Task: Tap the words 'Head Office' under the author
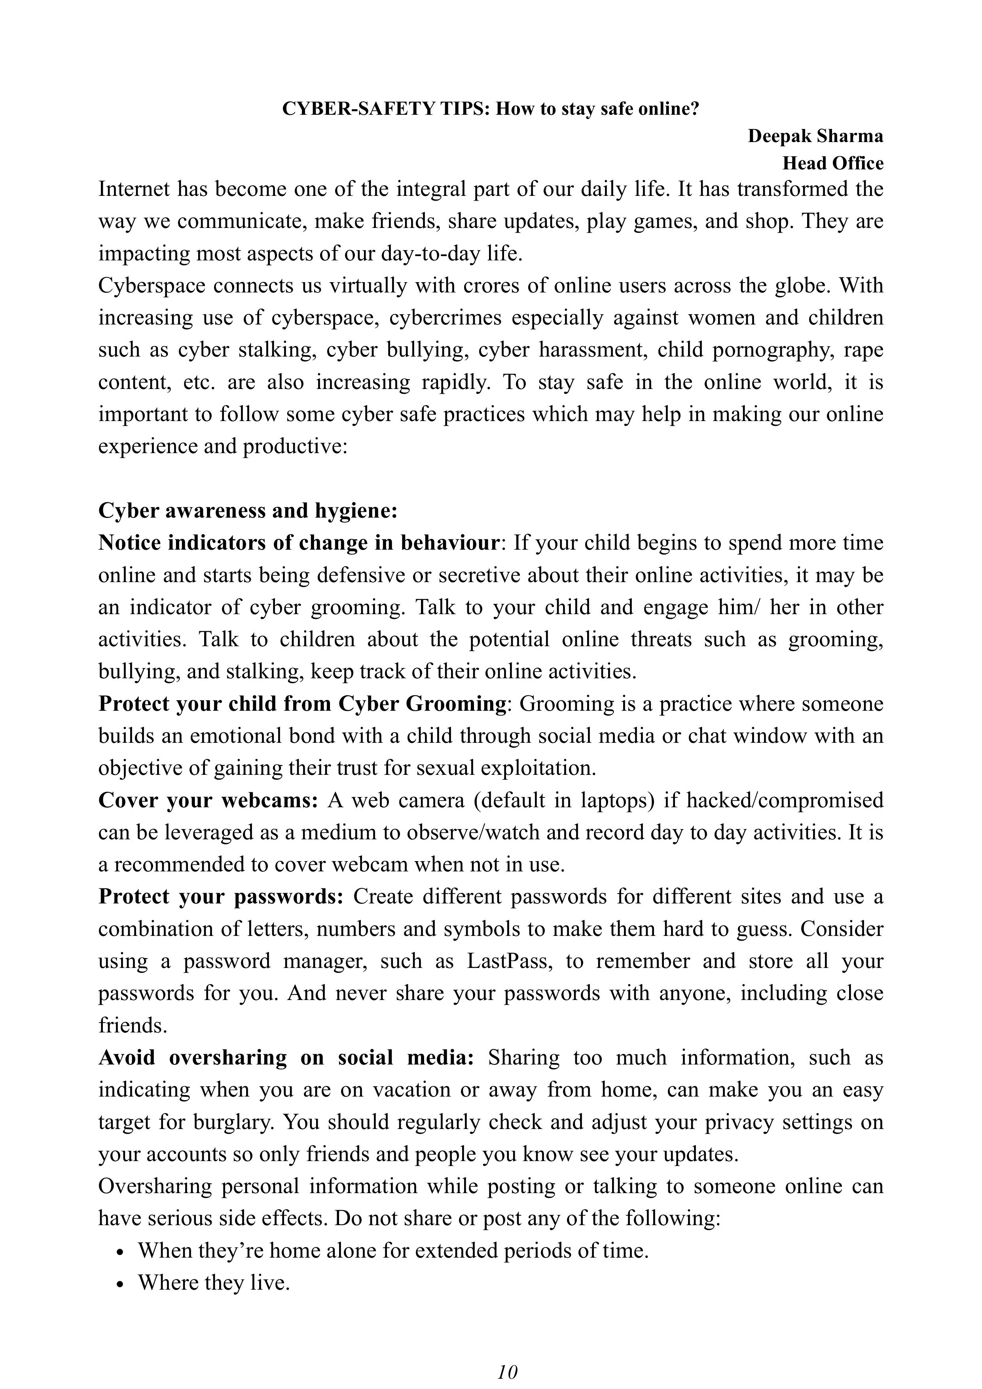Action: [833, 163]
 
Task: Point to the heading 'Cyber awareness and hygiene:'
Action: [248, 510]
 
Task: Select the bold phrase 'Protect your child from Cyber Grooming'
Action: [302, 704]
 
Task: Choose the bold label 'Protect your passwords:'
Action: [221, 897]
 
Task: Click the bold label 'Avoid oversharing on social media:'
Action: [286, 1057]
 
